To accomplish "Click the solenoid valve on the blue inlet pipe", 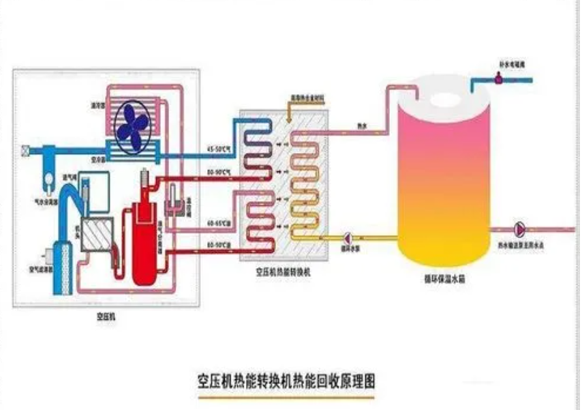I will pyautogui.click(x=499, y=78).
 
